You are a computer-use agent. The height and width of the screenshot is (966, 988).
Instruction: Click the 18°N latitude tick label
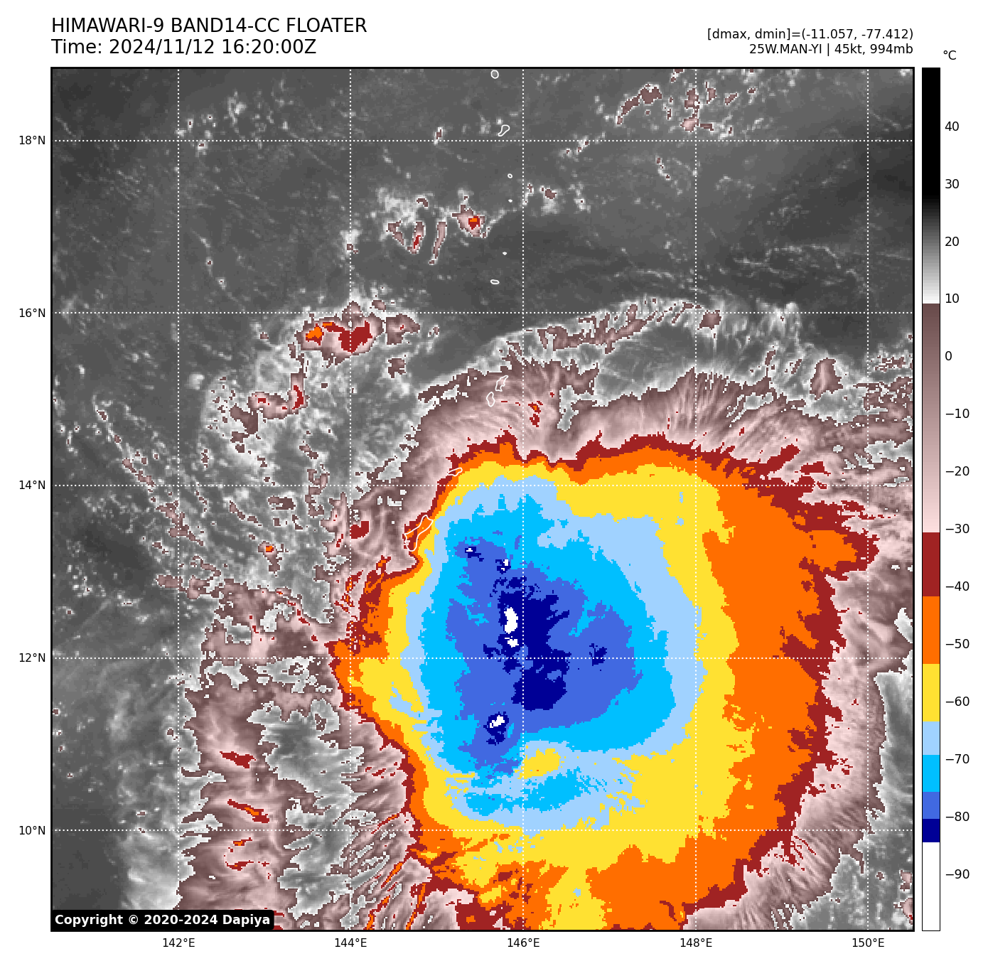[32, 141]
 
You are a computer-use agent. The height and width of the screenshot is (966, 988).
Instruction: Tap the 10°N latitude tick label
[32, 831]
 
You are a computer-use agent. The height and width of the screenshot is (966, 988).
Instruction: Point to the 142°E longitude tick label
[178, 943]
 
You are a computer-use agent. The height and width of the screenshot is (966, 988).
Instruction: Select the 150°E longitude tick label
[868, 943]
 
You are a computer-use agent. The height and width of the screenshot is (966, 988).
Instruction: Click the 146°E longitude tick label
[523, 943]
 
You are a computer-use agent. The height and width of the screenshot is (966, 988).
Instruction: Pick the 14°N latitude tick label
[32, 485]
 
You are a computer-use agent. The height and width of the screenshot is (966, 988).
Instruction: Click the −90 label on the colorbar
[957, 874]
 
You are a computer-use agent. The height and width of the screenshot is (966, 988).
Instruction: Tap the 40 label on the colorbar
[952, 127]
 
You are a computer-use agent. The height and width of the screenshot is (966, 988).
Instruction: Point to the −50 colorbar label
[957, 644]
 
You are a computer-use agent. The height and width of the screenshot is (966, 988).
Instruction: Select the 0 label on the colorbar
[948, 356]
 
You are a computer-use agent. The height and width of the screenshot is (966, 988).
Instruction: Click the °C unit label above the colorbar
[949, 55]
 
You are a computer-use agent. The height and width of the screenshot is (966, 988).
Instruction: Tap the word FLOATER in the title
[326, 26]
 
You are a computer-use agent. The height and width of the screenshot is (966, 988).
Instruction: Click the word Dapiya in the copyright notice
[246, 920]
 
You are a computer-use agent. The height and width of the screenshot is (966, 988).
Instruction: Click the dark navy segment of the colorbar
[930, 830]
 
